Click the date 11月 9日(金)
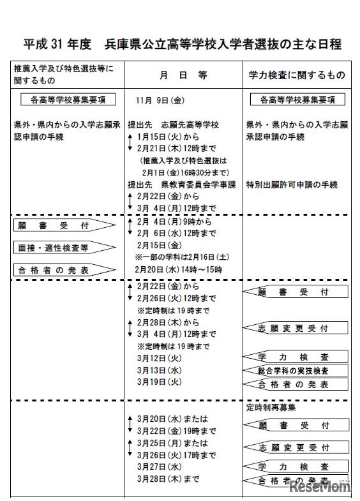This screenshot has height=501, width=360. (160, 100)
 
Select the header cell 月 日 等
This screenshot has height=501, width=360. (183, 75)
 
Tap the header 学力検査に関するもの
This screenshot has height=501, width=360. (297, 75)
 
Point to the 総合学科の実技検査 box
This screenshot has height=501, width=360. (296, 371)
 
